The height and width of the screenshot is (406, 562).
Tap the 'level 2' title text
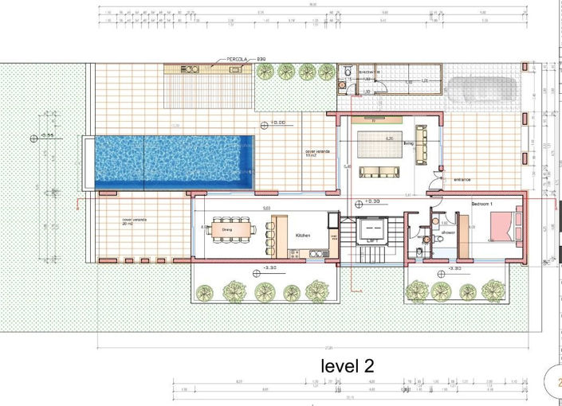[347, 365]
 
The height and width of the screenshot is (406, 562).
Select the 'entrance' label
[463, 180]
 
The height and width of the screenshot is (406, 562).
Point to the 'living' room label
[408, 143]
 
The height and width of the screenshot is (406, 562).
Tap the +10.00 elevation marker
[275, 123]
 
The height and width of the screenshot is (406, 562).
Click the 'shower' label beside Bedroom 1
[448, 232]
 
